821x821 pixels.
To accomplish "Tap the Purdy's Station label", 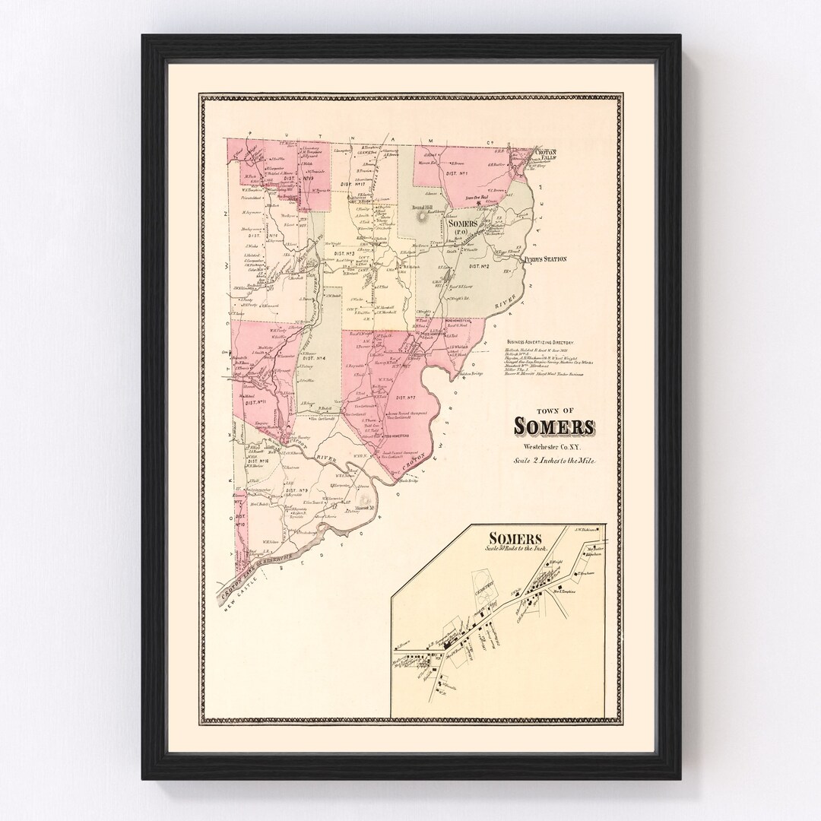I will [545, 259].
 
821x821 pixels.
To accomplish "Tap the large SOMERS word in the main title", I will [553, 425].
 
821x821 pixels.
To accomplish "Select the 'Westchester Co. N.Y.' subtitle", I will [553, 446].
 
